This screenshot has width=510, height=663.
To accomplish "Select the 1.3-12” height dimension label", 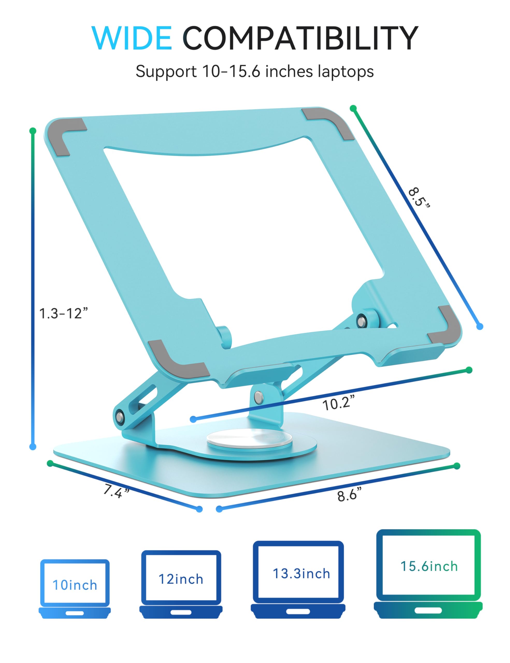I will pos(63,313).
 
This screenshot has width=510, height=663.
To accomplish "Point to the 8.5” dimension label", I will pos(419,198).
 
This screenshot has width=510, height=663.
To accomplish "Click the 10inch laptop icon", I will pos(75,589).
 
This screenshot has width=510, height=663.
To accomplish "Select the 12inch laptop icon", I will pos(181,584).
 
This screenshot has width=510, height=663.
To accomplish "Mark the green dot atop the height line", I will pos(33,131).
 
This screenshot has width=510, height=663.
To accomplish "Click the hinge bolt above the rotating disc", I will pos(258,397).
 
